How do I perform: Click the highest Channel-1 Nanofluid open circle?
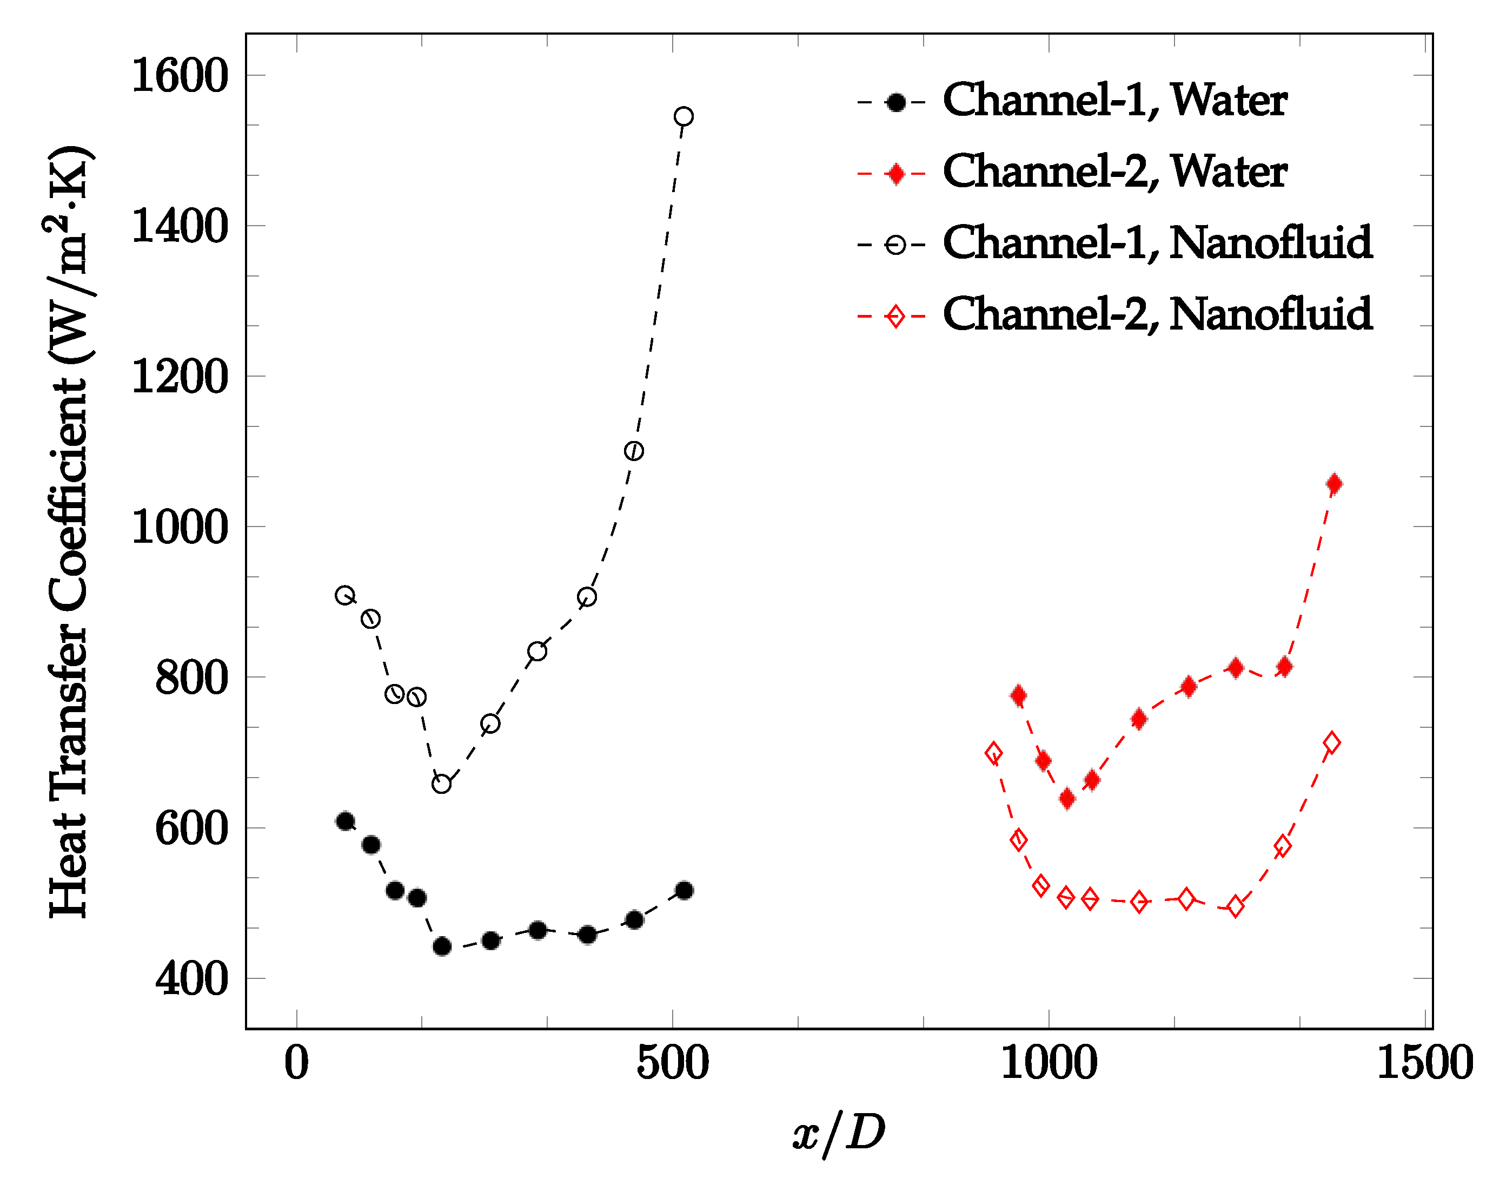684,116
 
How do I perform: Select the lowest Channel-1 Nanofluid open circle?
442,784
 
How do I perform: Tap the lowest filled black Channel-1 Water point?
442,946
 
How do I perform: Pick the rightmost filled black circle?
684,890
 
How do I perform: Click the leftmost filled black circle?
345,821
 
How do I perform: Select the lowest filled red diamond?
1067,799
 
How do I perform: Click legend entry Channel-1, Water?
1114,101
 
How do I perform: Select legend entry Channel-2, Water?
1114,173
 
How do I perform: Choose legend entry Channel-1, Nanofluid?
1157,244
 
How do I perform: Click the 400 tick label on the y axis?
191,979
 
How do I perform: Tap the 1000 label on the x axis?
1049,1063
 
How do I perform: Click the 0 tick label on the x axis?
296,1063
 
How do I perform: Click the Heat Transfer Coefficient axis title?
70,532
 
